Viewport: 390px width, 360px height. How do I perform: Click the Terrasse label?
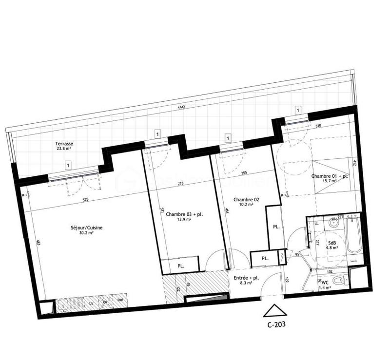click(64, 144)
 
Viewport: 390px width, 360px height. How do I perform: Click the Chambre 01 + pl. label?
click(330, 176)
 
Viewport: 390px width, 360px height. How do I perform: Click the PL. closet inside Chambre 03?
click(180, 266)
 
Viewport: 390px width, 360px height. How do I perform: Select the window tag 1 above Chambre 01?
click(297, 110)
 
